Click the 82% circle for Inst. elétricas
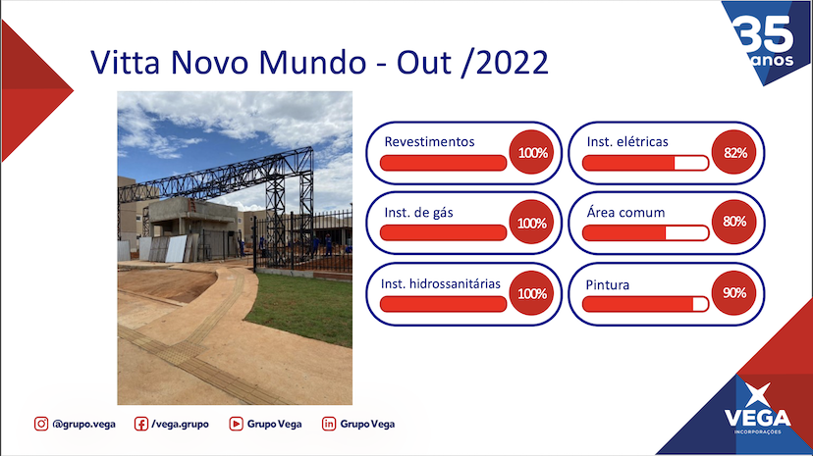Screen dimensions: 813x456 733,152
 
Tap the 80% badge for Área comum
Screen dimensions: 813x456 733,222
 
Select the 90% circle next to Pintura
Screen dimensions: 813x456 733,293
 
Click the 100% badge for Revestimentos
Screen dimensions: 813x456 531,152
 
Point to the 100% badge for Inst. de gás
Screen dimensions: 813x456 531,223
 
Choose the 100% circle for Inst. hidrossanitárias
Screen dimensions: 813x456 531,293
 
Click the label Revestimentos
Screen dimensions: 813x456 429,142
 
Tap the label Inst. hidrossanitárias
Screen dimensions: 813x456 440,283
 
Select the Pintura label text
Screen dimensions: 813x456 607,284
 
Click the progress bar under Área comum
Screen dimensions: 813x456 645,233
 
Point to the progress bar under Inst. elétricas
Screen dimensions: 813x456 645,163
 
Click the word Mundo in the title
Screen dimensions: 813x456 312,63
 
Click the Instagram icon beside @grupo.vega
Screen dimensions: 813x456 41,424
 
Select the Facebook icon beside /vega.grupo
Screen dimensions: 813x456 140,424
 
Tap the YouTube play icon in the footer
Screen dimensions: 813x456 236,424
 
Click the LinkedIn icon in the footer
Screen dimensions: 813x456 329,424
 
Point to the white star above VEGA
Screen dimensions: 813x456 757,395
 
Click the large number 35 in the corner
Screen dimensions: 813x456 763,34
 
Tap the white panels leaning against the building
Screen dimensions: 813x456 163,249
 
